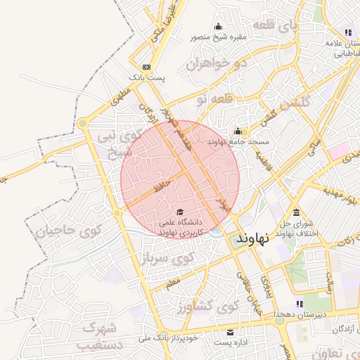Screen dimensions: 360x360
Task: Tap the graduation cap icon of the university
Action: (180, 212)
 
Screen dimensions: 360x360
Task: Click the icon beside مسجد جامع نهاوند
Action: (238, 131)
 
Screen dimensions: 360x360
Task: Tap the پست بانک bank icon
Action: (146, 67)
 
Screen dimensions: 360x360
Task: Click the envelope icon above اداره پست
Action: (229, 332)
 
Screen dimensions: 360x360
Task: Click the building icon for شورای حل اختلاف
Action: (296, 213)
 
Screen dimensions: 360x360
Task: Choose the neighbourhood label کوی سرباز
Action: (167, 257)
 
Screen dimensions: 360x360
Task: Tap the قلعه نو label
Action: (212, 100)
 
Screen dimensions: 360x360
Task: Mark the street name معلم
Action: (172, 283)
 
